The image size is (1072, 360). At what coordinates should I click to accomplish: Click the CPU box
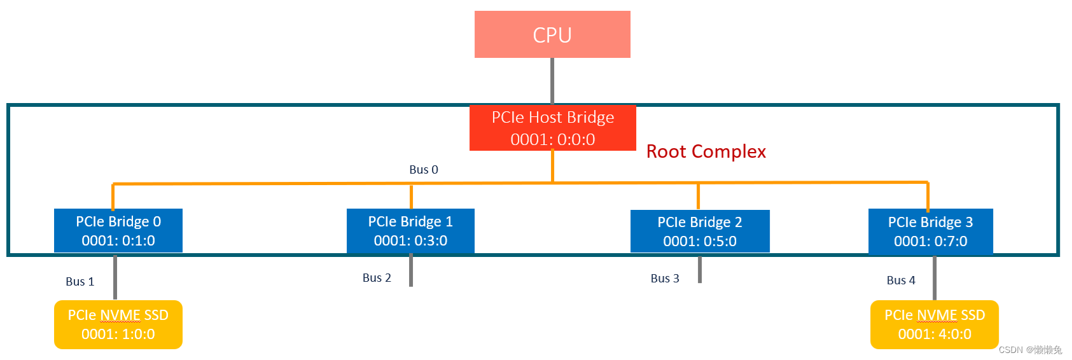(552, 34)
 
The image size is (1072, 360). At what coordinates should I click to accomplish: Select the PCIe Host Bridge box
(552, 128)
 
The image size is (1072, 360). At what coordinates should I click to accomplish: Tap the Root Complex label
(706, 151)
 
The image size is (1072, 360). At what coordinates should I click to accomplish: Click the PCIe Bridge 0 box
(118, 230)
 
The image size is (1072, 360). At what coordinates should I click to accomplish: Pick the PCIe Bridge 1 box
(410, 230)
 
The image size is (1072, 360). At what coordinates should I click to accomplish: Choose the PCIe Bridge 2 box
(700, 231)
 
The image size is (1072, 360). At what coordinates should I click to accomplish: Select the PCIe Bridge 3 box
(930, 231)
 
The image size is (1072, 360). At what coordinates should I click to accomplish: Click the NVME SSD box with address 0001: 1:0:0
(118, 324)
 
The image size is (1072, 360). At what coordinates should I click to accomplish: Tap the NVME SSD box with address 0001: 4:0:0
(934, 324)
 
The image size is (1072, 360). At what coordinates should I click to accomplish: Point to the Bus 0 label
(424, 170)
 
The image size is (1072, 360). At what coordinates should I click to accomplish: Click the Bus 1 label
(80, 282)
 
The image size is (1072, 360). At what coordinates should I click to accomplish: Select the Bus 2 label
(377, 278)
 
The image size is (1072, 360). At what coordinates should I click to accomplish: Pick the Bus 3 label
(665, 279)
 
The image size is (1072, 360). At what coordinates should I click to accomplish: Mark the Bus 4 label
(901, 280)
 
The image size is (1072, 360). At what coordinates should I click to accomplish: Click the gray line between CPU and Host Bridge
(552, 81)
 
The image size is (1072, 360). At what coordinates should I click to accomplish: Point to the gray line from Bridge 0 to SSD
(115, 277)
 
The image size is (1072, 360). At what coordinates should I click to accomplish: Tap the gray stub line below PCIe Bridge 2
(700, 270)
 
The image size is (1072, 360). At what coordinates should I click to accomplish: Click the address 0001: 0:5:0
(700, 242)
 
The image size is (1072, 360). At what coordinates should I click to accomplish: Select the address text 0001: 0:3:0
(410, 241)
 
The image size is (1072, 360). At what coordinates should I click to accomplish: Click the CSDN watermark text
(1030, 350)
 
